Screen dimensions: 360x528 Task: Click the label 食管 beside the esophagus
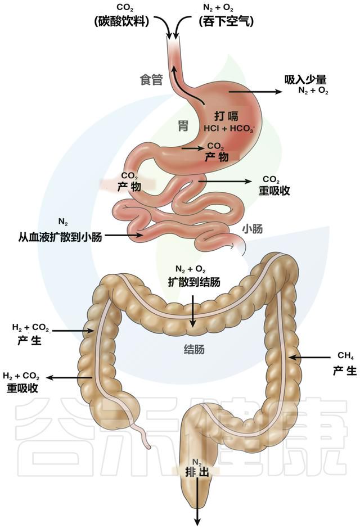pos(151,80)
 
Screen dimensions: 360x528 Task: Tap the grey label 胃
pos(183,126)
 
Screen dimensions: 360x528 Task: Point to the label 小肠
pos(252,229)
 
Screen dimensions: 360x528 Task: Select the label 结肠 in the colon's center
pos(194,350)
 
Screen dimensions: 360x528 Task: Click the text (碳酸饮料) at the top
pos(121,22)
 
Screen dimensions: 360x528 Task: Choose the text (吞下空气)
pos(226,22)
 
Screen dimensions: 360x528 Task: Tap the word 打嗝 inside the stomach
pos(226,116)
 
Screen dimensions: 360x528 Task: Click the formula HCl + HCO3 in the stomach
pos(229,128)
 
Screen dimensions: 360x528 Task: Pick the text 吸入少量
pos(305,79)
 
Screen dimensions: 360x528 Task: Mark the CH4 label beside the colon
pos(345,356)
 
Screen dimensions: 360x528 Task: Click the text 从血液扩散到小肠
pos(60,237)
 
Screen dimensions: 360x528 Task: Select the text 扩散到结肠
pos(194,282)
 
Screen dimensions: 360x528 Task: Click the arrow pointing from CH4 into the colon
pos(310,357)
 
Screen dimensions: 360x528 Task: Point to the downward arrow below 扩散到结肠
pos(192,311)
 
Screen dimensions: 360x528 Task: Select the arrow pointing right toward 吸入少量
pos(255,92)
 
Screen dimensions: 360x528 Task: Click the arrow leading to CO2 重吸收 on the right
pos(225,182)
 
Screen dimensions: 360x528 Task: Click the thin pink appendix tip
pos(147,445)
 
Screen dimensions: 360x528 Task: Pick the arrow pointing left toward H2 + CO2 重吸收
pos(69,377)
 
